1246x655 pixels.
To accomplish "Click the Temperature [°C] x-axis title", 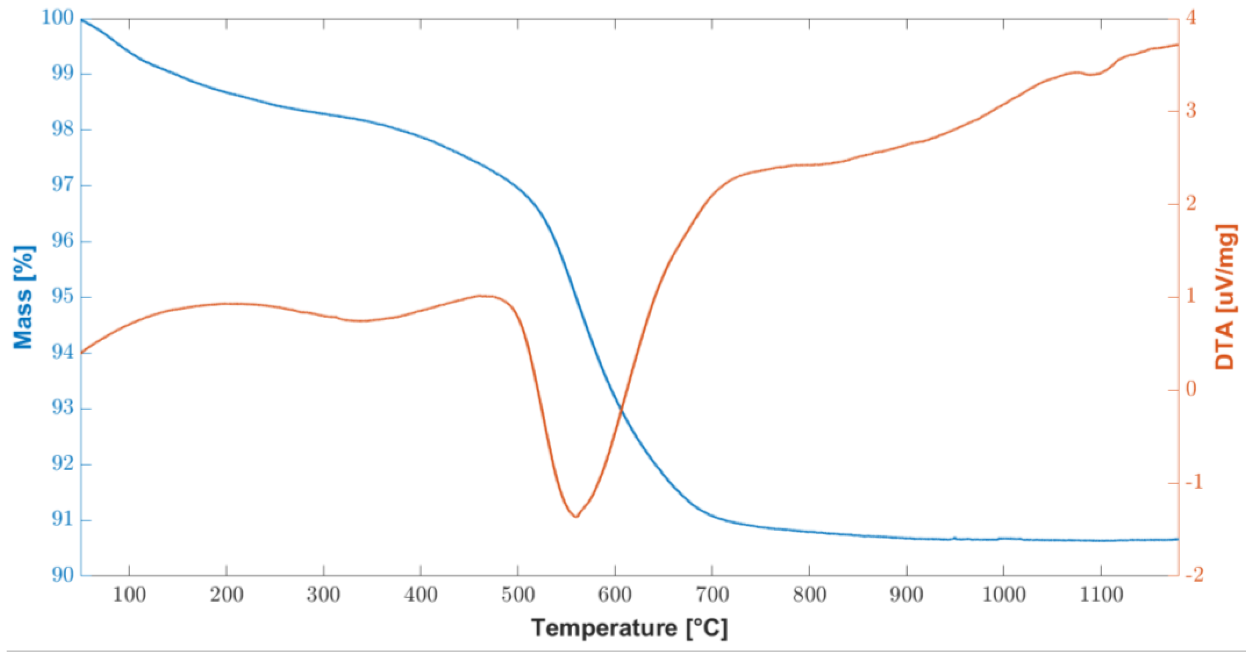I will coord(629,628).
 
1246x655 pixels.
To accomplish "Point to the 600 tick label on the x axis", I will coord(615,595).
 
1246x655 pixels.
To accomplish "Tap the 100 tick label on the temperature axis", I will coord(129,595).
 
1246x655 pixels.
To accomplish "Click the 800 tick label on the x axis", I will coord(809,595).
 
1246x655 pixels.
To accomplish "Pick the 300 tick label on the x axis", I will coord(323,595).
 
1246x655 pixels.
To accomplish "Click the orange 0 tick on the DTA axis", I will coord(1189,389).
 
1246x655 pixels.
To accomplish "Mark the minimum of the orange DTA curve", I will coord(576,517).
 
